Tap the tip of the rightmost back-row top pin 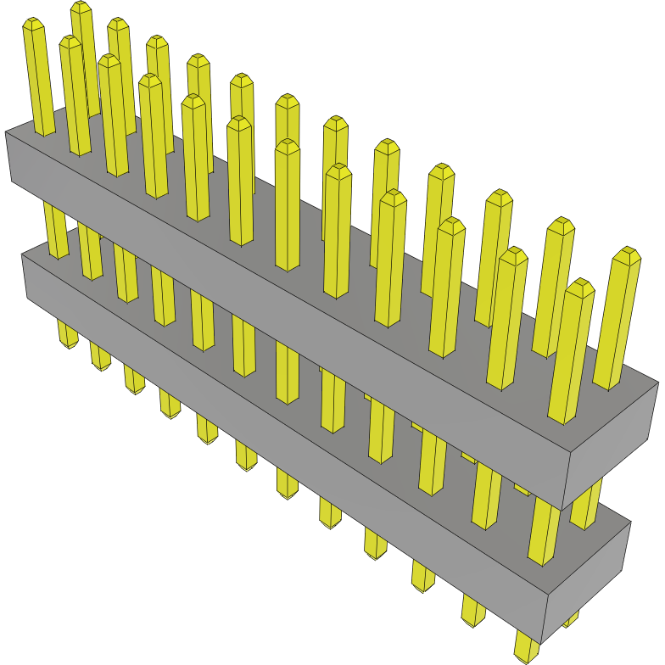(627, 254)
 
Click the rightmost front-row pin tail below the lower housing (526, 650)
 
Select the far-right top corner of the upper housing (657, 383)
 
